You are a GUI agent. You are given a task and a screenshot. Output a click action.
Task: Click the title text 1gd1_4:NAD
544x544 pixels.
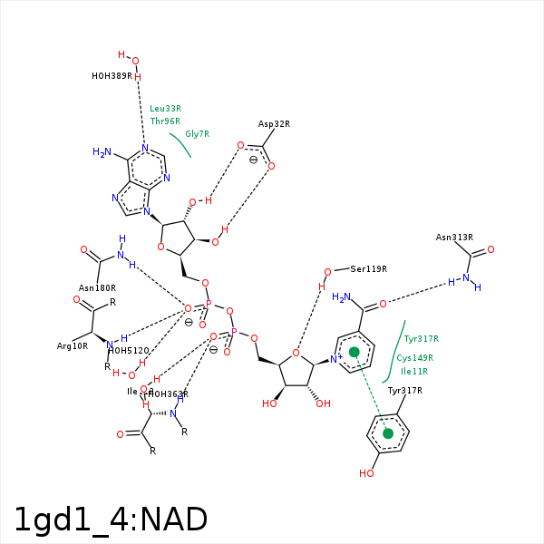point(111,520)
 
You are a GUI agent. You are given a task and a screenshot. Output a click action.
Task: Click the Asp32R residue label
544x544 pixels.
point(274,124)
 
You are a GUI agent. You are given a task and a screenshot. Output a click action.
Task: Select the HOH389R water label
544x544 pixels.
point(112,76)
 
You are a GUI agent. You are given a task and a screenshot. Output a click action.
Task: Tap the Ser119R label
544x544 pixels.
point(368,269)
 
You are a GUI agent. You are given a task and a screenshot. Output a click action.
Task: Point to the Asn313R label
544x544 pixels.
point(454,238)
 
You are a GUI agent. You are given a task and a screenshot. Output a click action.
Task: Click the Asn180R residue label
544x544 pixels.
point(97,288)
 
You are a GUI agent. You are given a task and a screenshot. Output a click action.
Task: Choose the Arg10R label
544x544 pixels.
point(73,346)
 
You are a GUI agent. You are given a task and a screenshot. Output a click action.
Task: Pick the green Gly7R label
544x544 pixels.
point(197,134)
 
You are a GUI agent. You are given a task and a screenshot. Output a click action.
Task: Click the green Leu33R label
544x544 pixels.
point(165,109)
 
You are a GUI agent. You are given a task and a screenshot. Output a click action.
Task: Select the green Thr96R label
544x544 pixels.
point(165,121)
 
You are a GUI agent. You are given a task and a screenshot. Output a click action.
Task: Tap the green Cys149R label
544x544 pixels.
point(414,358)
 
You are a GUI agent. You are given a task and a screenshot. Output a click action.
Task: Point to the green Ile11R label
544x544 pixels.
point(413,372)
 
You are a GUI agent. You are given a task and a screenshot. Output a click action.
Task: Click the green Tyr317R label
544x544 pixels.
point(421,339)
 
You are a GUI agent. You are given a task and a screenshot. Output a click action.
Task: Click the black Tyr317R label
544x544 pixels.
point(405,391)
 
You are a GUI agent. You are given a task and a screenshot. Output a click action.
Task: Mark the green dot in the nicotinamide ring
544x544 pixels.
point(355,352)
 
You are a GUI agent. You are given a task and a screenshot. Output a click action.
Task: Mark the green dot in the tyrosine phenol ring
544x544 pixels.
point(388,433)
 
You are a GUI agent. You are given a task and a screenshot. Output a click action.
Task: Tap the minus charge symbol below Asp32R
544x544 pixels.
point(253,160)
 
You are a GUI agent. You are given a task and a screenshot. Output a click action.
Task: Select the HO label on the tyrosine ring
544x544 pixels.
point(366,473)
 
